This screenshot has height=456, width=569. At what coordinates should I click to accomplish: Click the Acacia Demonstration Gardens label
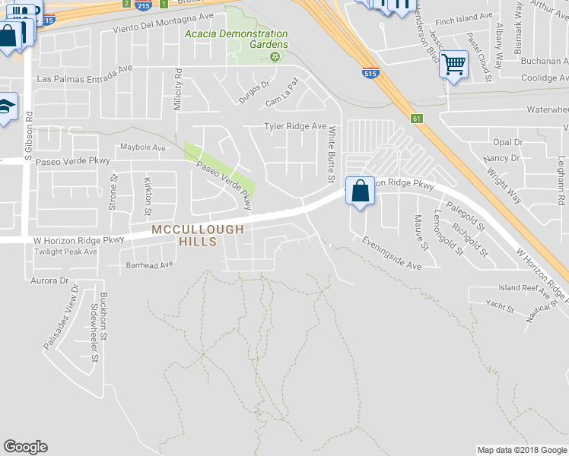click(x=237, y=40)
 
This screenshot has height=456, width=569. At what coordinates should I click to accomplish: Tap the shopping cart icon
click(x=453, y=65)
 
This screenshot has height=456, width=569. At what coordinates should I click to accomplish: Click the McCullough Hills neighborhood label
click(x=197, y=235)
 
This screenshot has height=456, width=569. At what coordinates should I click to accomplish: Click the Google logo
click(x=25, y=447)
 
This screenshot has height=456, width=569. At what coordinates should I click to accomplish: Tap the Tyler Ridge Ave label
click(x=295, y=126)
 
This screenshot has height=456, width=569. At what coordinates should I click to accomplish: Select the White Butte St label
click(x=332, y=155)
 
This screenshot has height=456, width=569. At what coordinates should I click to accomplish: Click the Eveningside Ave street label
click(x=392, y=255)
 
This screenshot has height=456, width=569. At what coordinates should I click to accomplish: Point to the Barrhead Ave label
click(x=150, y=265)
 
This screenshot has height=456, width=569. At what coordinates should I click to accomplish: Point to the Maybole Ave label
click(x=143, y=147)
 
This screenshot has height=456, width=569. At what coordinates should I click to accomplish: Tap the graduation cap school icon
click(x=6, y=107)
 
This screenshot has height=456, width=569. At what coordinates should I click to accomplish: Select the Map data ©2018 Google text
click(x=521, y=450)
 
